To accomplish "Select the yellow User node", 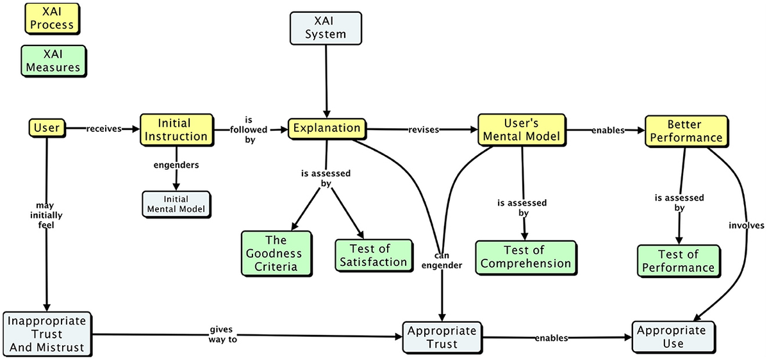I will [x=47, y=128].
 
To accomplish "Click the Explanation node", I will [x=327, y=128].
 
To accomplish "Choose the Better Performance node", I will [x=684, y=130].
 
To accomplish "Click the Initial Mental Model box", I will [x=175, y=204].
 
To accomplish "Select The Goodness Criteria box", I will [x=276, y=254].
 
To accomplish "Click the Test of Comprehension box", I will [x=525, y=256].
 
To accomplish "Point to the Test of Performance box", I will [x=677, y=261].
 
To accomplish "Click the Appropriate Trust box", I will [x=442, y=337].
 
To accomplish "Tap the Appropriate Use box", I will [x=673, y=336].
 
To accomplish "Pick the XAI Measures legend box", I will [x=54, y=60].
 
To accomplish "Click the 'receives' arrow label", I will [x=104, y=129].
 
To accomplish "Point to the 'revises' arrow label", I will [x=423, y=130].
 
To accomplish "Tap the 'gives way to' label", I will [x=222, y=334].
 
